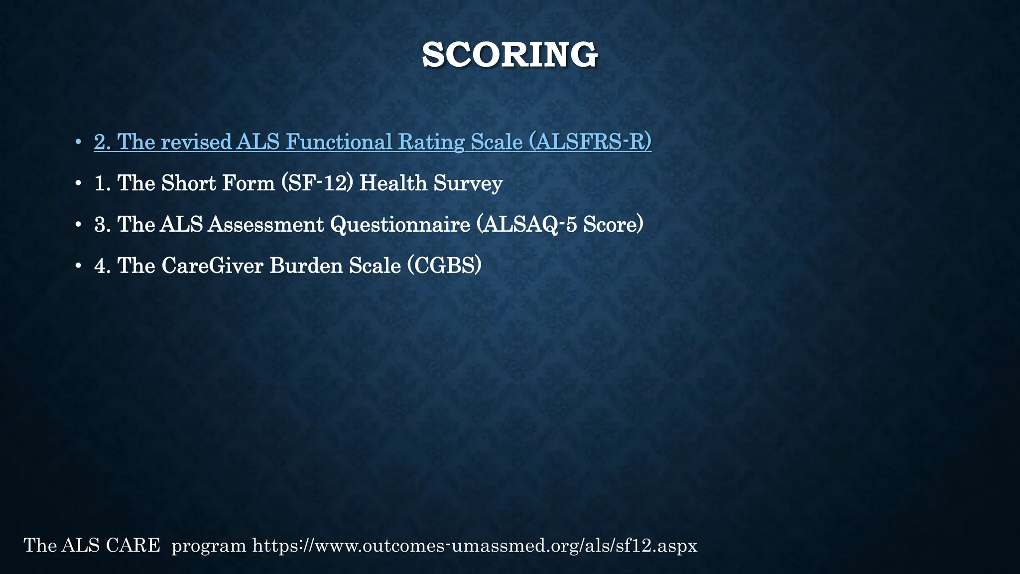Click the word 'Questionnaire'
coord(400,225)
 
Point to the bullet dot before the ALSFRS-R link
coord(78,143)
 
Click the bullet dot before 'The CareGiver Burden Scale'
coord(78,267)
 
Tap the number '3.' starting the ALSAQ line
coord(102,225)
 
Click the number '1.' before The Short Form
coord(102,183)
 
